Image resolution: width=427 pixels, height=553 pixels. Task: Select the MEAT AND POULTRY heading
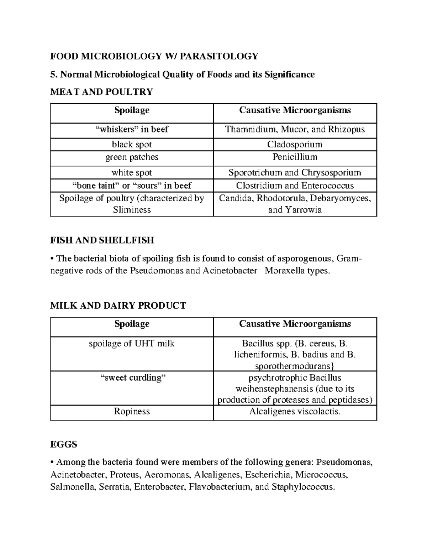pyautogui.click(x=101, y=92)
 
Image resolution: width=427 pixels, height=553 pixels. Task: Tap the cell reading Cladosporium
pyautogui.click(x=295, y=144)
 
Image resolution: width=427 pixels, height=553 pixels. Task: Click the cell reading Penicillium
pyautogui.click(x=295, y=157)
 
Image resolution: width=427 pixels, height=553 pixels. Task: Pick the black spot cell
pyautogui.click(x=132, y=144)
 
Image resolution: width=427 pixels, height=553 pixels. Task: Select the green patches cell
pyautogui.click(x=132, y=157)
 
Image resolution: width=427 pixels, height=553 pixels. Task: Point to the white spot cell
pyautogui.click(x=132, y=173)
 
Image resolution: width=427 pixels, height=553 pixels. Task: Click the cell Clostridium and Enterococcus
pyautogui.click(x=295, y=186)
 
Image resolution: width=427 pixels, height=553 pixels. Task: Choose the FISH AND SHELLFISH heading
pyautogui.click(x=102, y=240)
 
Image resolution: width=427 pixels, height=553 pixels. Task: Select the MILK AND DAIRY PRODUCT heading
pyautogui.click(x=118, y=306)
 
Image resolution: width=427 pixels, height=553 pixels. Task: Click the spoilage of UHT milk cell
pyautogui.click(x=132, y=344)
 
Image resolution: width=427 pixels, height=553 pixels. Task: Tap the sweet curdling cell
pyautogui.click(x=132, y=378)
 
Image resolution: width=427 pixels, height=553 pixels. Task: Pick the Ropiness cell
pyautogui.click(x=132, y=412)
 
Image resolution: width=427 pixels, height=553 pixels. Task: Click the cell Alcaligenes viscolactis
pyautogui.click(x=295, y=412)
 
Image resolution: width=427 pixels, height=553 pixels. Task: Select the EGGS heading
pyautogui.click(x=64, y=444)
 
